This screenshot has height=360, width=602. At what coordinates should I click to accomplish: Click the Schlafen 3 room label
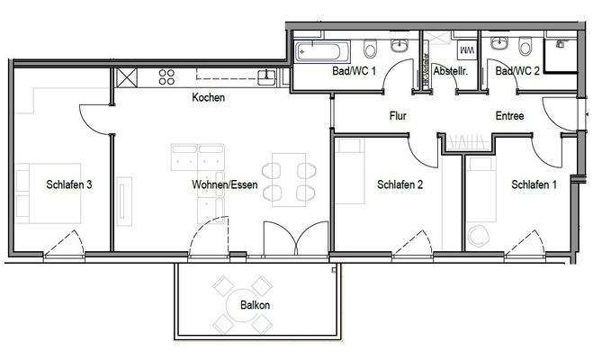pyautogui.click(x=70, y=185)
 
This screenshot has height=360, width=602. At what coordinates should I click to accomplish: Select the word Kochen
pyautogui.click(x=208, y=97)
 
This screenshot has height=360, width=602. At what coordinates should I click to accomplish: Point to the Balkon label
pyautogui.click(x=256, y=305)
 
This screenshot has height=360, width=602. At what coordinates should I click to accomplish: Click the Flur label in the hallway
pyautogui.click(x=399, y=116)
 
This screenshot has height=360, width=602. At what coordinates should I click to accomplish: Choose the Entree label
pyautogui.click(x=509, y=116)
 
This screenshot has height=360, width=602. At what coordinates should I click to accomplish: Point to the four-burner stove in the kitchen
pyautogui.click(x=166, y=77)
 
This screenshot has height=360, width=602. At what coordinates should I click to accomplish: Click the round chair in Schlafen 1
pyautogui.click(x=479, y=233)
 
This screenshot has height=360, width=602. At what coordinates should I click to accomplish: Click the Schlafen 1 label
pyautogui.click(x=534, y=185)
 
